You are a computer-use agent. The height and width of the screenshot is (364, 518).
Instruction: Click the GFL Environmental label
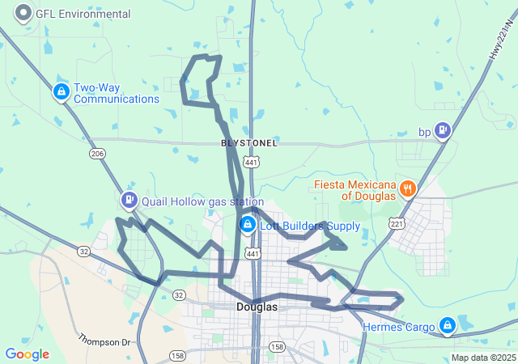pos(83,15)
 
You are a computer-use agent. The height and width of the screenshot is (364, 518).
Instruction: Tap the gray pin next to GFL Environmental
pos(24,13)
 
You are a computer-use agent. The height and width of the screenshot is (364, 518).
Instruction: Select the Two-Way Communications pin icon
pos(61,92)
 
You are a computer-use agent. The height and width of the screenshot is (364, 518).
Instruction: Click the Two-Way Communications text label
pos(117,93)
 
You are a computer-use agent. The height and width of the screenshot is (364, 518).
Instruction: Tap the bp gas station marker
pos(442,129)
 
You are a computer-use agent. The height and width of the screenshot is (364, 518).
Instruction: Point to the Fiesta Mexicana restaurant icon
pos(407,189)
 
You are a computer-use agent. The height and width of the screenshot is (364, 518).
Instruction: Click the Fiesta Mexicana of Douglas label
pos(355,189)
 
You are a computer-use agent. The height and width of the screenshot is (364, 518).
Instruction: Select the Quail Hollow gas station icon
pos(129,199)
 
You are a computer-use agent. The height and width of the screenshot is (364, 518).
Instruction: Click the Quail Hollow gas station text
pos(202,201)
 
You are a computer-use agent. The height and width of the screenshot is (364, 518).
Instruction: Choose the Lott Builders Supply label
pos(309,226)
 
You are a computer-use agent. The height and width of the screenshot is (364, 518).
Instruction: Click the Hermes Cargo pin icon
pos(446,326)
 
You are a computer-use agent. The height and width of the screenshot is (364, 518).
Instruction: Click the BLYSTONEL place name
pos(249,143)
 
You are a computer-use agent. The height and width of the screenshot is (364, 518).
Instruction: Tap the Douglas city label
pos(257,307)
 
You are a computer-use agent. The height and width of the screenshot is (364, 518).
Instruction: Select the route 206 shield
pos(97,154)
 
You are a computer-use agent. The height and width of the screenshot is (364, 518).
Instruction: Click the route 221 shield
pos(396,222)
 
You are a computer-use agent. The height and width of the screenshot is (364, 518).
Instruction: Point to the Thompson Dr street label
pos(104,341)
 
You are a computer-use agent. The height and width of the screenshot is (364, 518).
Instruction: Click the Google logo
pos(27,354)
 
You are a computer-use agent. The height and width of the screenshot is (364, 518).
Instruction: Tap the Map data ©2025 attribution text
pos(482,358)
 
